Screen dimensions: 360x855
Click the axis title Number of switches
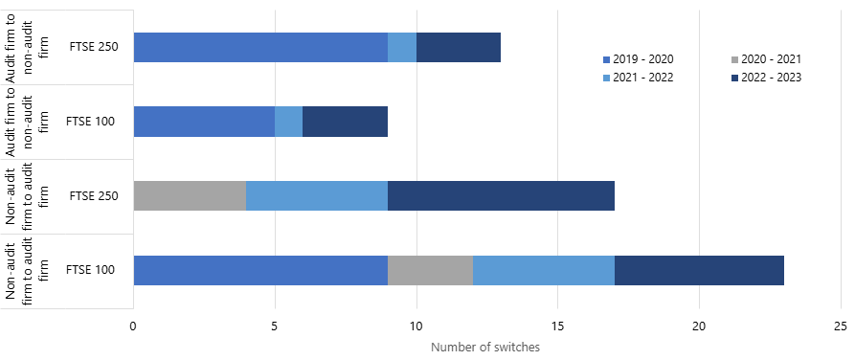pos(485,348)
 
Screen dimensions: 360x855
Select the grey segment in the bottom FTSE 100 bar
pos(430,271)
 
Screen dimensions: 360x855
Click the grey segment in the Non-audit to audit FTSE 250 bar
pos(190,196)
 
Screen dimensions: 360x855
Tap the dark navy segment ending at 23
pos(699,271)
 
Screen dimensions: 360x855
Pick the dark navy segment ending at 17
pos(501,196)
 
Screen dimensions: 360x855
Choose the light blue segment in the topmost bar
pos(402,47)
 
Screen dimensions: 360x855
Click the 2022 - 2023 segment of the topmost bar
pos(459,47)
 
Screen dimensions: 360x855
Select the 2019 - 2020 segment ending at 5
pos(204,122)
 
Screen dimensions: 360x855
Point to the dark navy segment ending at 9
pos(345,122)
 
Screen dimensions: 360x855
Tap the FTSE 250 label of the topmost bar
pos(93,47)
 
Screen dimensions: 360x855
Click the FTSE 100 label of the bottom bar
pos(91,271)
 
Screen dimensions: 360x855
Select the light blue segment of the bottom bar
pos(544,271)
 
